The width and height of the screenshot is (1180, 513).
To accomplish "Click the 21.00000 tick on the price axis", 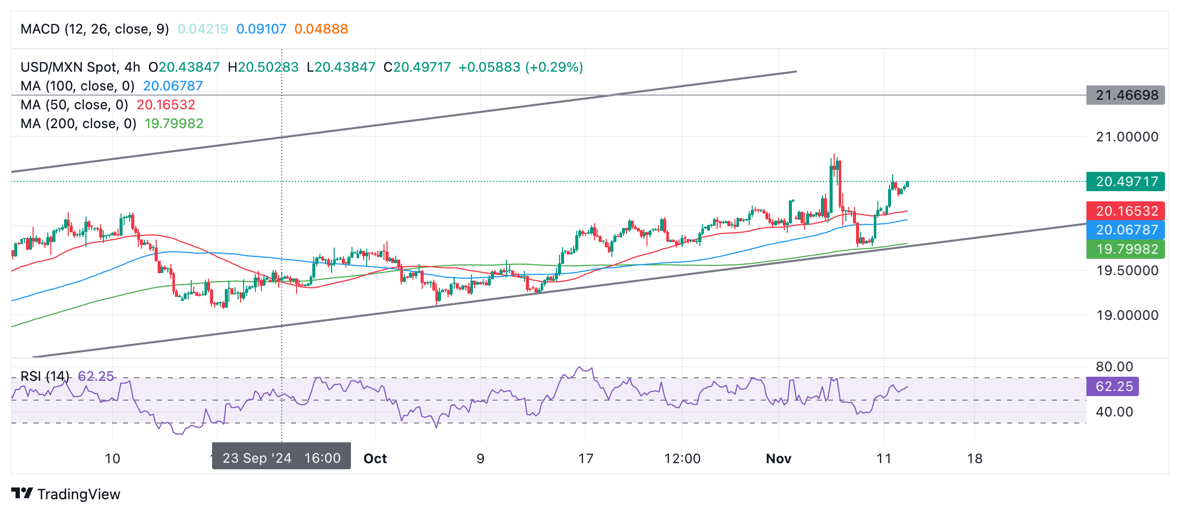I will pyautogui.click(x=1127, y=137).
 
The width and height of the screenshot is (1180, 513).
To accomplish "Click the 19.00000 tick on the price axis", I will pyautogui.click(x=1127, y=315).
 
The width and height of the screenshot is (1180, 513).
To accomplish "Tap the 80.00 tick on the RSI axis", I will pyautogui.click(x=1114, y=367).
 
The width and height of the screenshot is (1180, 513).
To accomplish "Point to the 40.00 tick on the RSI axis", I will pyautogui.click(x=1114, y=412).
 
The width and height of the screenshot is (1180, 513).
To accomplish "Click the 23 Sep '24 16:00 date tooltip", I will pyautogui.click(x=281, y=458).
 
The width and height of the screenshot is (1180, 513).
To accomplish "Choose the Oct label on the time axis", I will pyautogui.click(x=375, y=459).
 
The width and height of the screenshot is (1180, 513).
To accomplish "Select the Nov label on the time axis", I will pyautogui.click(x=779, y=459).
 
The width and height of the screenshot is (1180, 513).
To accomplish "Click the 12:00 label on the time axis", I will pyautogui.click(x=682, y=459).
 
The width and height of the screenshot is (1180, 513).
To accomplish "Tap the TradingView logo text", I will pyautogui.click(x=78, y=494).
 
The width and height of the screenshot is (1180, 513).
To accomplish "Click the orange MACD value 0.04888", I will pyautogui.click(x=321, y=29).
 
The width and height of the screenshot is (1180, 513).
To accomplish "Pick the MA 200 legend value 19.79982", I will pyautogui.click(x=174, y=124).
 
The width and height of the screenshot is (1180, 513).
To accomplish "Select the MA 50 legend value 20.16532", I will pyautogui.click(x=166, y=105).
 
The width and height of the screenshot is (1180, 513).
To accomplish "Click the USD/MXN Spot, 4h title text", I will pyautogui.click(x=80, y=67).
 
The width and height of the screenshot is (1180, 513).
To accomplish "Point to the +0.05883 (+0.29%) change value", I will pyautogui.click(x=520, y=67).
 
